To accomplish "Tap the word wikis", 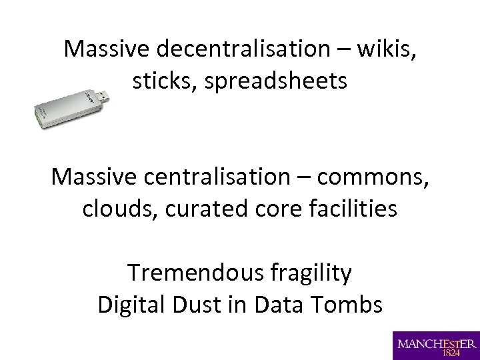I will point(388,49).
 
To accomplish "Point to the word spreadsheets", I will point(276,81).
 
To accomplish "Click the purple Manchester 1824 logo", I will point(436,345).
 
